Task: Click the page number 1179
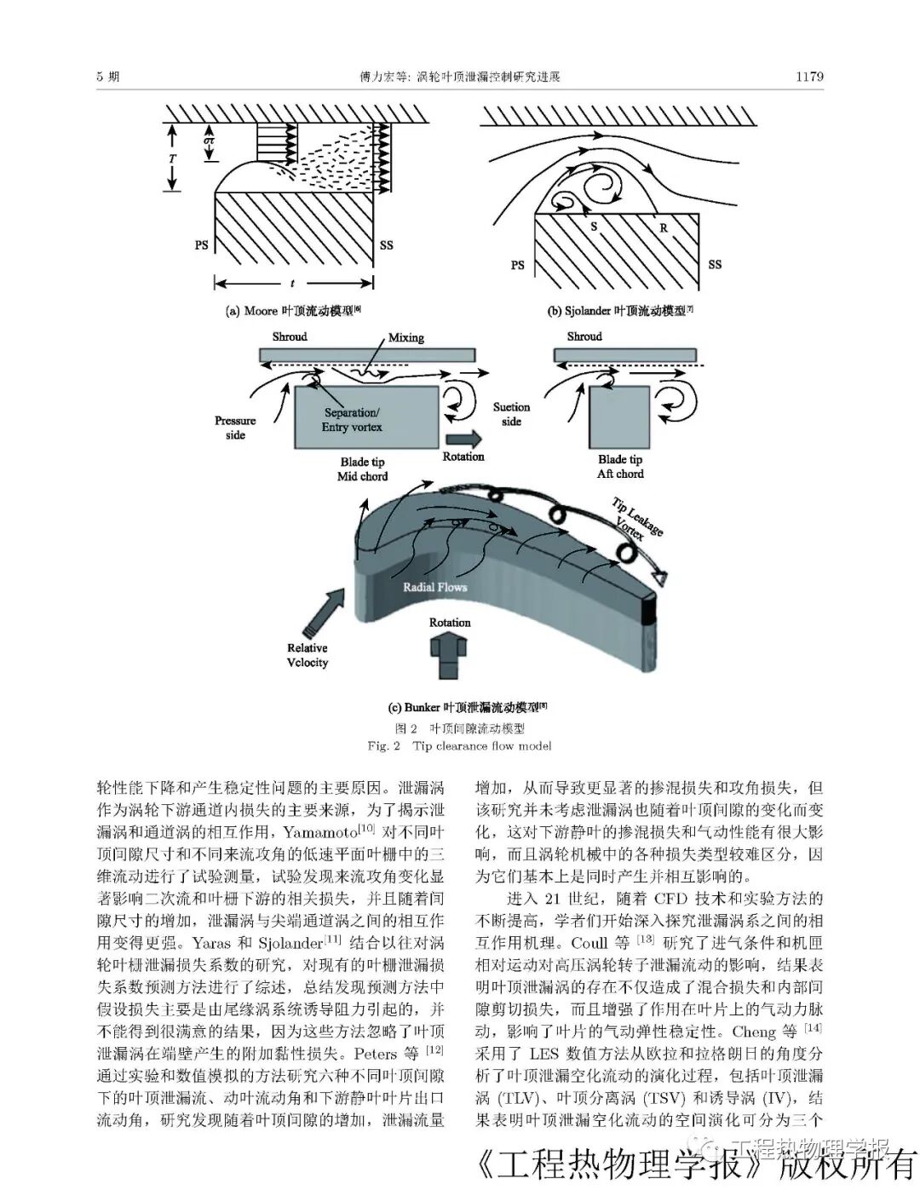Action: click(x=808, y=77)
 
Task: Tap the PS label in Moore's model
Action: click(x=201, y=245)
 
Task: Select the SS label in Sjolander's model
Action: click(x=715, y=264)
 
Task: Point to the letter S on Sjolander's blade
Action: click(x=594, y=227)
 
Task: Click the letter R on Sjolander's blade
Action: click(x=663, y=227)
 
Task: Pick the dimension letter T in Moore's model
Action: click(x=173, y=158)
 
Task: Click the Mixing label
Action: click(x=405, y=337)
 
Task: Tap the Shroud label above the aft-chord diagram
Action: click(x=584, y=336)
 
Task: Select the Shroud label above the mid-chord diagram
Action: click(x=290, y=336)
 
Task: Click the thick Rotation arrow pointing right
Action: click(x=463, y=438)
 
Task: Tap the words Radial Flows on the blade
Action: click(x=434, y=586)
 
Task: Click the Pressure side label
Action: click(x=235, y=428)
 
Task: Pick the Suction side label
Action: click(x=511, y=414)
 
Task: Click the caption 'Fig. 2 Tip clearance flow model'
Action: click(x=459, y=746)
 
